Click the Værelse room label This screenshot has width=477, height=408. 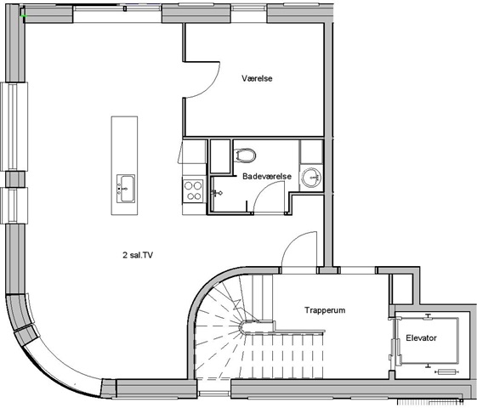click(x=257, y=78)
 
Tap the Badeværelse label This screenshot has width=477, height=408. click(x=267, y=176)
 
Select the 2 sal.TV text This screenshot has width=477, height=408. click(x=138, y=255)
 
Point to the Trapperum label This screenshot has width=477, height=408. click(x=325, y=310)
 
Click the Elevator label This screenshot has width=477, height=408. click(x=421, y=337)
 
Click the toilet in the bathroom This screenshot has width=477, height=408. click(x=245, y=155)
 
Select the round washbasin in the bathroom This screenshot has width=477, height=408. click(x=311, y=178)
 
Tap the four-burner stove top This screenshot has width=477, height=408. click(x=194, y=190)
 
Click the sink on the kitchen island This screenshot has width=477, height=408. click(x=126, y=189)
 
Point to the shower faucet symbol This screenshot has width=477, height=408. click(x=217, y=193)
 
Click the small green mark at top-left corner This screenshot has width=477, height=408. click(x=24, y=15)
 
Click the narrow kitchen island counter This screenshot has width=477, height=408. click(x=124, y=166)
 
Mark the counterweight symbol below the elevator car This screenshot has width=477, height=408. click(x=446, y=371)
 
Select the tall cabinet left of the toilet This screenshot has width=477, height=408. click(x=220, y=156)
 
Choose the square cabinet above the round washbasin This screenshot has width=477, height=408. click(x=311, y=151)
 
